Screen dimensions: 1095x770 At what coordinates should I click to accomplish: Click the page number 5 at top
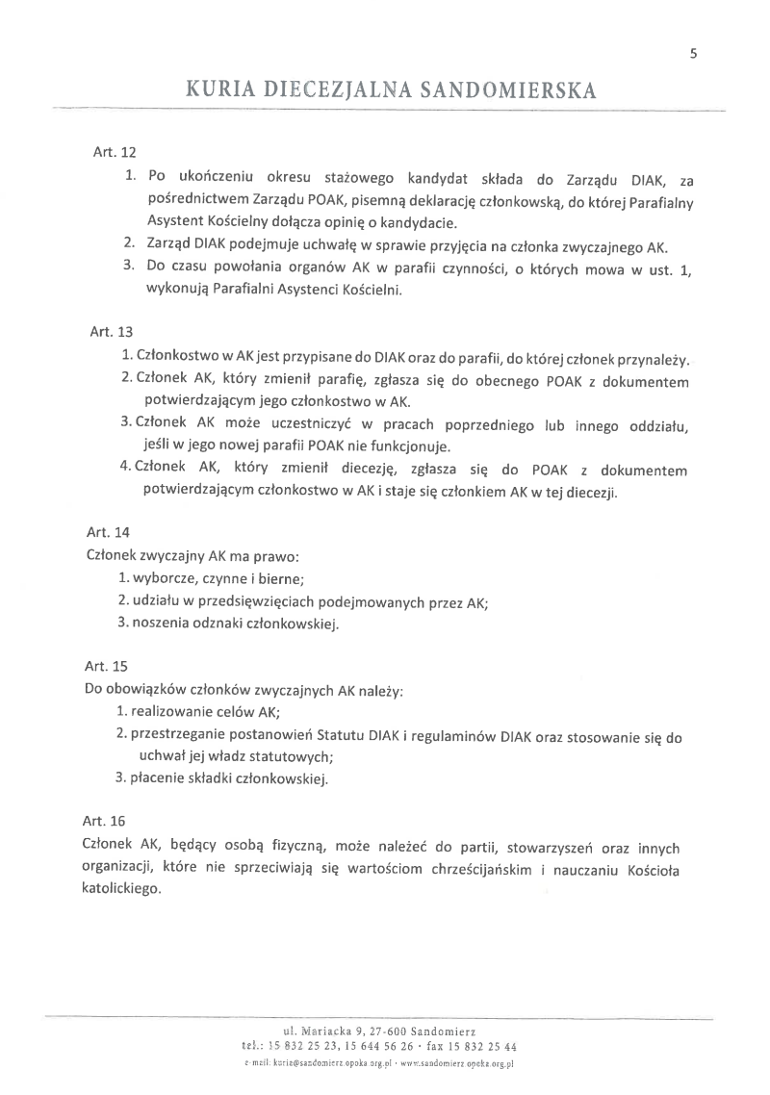coord(693,54)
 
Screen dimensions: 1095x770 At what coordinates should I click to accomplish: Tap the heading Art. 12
coord(108,151)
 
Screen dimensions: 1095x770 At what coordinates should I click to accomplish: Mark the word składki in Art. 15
coord(219,780)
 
